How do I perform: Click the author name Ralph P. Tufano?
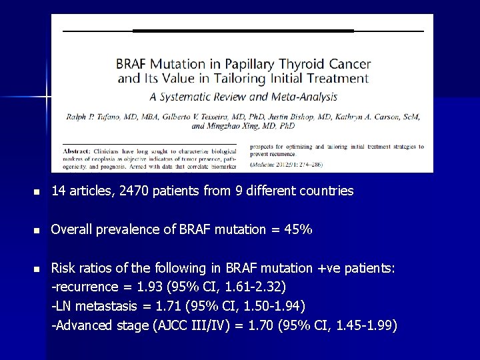tap(95, 117)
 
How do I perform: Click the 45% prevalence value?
tap(298, 230)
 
